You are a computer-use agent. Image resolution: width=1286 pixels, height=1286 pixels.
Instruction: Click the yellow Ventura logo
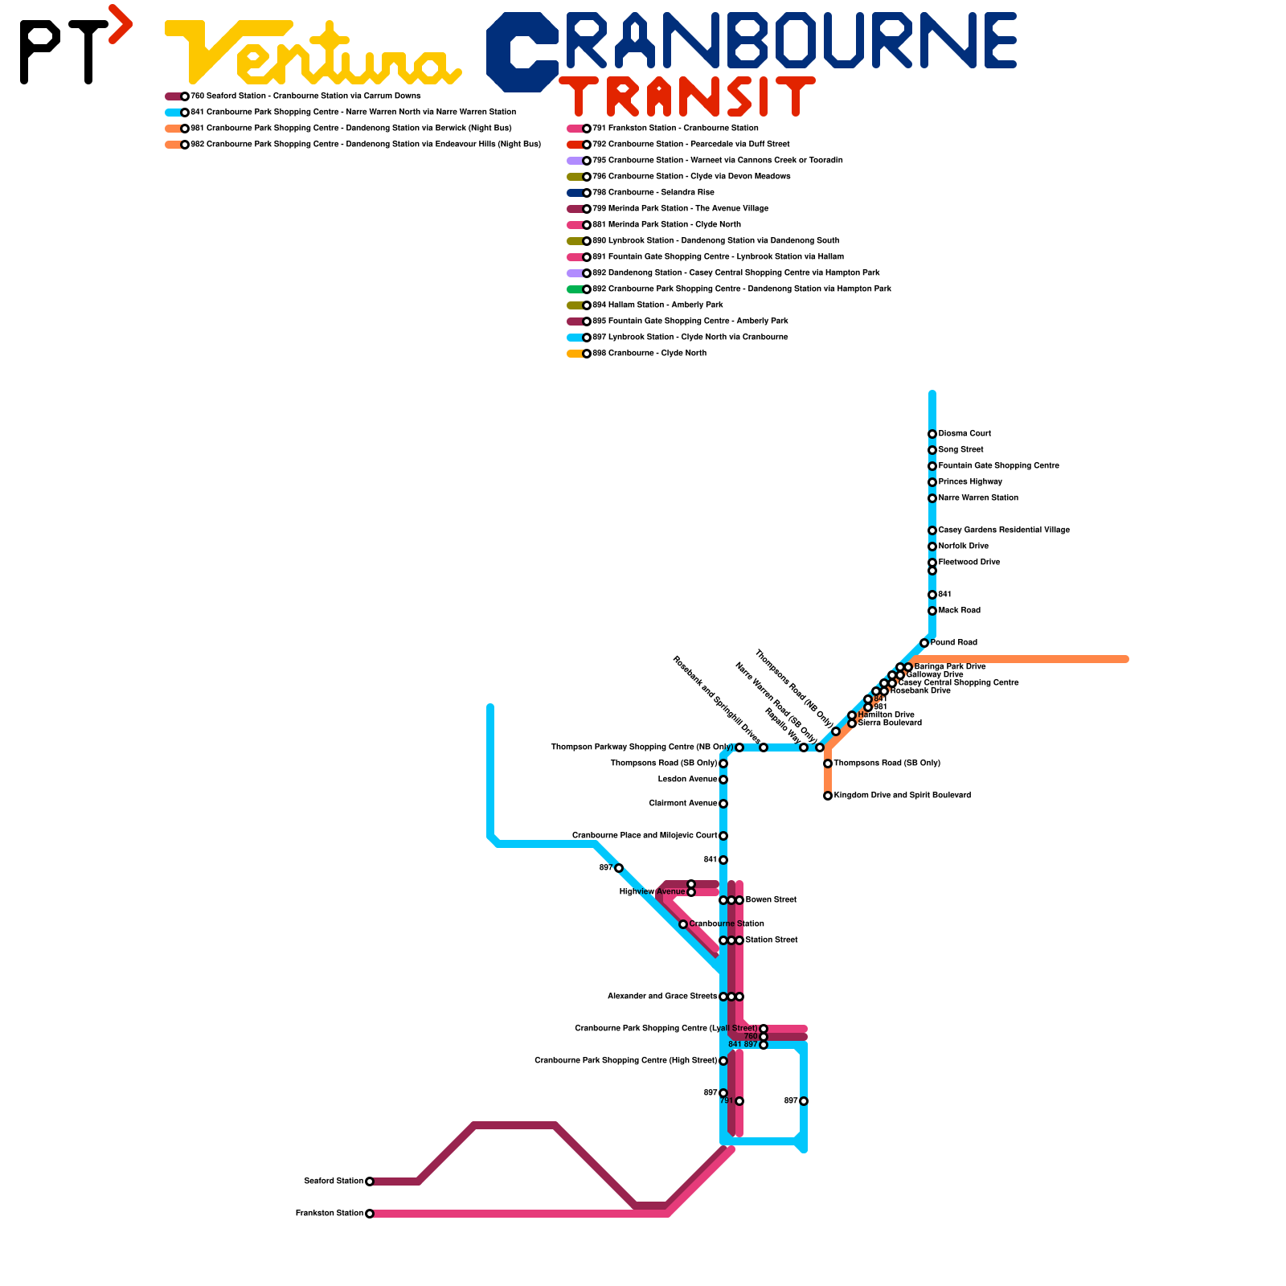[313, 53]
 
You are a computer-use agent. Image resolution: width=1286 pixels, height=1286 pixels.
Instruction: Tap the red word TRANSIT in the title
[687, 97]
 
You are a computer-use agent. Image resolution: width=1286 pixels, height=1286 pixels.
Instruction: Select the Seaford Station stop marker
[370, 1182]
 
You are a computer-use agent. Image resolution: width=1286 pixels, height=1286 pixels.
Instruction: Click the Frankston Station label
[330, 1214]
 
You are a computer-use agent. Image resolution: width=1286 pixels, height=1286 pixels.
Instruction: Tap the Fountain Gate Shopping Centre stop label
[998, 466]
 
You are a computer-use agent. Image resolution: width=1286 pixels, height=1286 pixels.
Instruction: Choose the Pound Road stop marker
[924, 643]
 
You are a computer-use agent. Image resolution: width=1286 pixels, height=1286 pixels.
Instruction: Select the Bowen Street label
[771, 900]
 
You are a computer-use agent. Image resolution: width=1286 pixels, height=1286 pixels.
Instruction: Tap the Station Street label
[772, 940]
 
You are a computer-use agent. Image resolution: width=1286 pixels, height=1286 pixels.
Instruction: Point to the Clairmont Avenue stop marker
[723, 804]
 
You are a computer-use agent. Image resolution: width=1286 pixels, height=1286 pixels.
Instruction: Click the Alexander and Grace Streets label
[662, 997]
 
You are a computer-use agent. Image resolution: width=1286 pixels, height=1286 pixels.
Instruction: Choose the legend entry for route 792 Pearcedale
[690, 145]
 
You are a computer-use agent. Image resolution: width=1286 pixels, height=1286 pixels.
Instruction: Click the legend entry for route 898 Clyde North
[649, 354]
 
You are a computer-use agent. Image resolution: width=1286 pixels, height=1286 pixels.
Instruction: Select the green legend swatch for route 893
[575, 289]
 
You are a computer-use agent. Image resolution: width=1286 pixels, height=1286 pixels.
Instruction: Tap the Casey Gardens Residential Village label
[1004, 530]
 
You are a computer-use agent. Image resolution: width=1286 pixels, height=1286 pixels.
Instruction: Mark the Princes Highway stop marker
[932, 482]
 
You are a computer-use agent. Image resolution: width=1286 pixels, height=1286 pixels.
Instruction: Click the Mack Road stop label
[960, 611]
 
